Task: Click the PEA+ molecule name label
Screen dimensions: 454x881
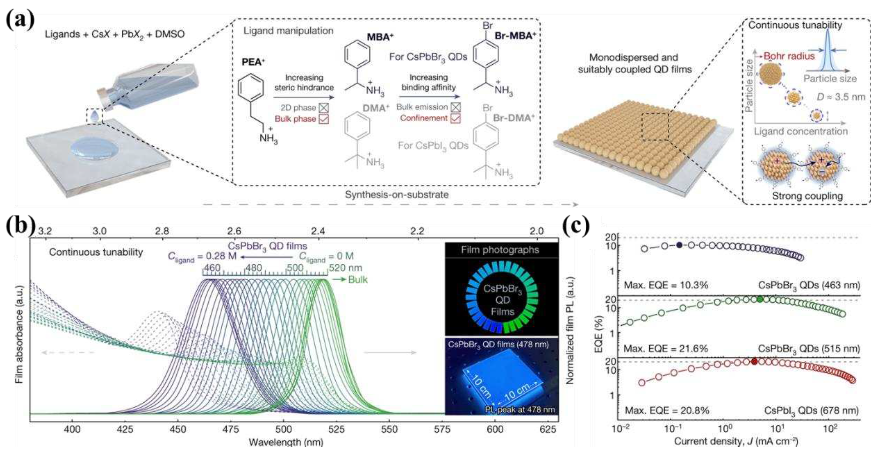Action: [253, 62]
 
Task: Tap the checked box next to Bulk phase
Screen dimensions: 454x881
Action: [324, 119]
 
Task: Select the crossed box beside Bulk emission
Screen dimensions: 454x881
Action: [455, 107]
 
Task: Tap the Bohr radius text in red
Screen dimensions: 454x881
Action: [789, 56]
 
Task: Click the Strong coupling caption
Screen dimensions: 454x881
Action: [807, 196]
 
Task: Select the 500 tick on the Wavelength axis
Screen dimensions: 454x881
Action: [283, 429]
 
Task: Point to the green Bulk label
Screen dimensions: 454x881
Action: [358, 280]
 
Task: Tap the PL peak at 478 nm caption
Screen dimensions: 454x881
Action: [520, 409]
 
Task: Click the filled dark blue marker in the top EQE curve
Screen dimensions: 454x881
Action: [679, 245]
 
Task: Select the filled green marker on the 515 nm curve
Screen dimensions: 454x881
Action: [760, 299]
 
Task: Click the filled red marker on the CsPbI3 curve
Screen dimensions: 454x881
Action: [754, 361]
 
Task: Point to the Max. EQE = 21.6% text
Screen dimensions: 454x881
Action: [666, 349]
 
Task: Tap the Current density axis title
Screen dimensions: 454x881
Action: [736, 441]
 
